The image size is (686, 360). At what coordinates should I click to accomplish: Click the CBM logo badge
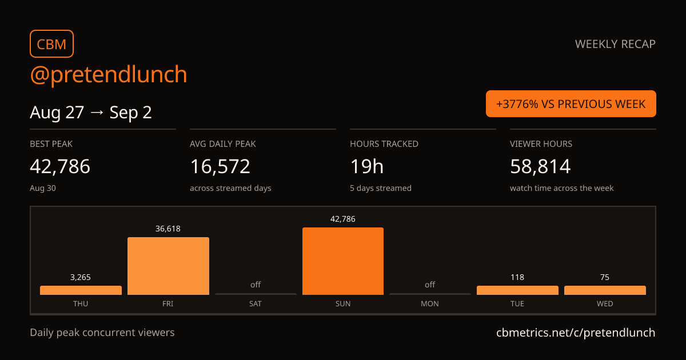(52, 44)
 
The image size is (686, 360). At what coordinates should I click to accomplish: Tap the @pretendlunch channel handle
(109, 74)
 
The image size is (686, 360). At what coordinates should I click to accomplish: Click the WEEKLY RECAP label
(615, 44)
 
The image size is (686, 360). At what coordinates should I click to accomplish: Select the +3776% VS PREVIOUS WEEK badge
(571, 104)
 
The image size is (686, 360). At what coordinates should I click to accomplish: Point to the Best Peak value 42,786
(60, 166)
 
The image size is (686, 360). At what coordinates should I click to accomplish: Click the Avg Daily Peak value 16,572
(220, 166)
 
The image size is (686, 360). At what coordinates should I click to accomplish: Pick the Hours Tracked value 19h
(366, 166)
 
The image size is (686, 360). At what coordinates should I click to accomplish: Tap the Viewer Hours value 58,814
(540, 166)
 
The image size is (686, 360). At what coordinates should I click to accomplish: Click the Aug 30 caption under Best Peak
(43, 188)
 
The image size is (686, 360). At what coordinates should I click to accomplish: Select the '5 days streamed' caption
(381, 188)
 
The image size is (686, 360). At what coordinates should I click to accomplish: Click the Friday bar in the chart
(169, 266)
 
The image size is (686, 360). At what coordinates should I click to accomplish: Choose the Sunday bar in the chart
(343, 261)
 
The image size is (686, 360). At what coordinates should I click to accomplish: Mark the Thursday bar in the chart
(81, 290)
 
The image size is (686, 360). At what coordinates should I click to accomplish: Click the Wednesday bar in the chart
(605, 290)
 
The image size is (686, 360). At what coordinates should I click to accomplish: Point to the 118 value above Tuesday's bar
(517, 277)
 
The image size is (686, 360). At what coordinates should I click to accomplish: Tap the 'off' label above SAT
(256, 285)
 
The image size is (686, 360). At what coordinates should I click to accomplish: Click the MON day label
(430, 303)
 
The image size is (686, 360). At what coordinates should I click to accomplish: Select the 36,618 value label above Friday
(168, 229)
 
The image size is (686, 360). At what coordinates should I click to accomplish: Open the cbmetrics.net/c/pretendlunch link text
(576, 333)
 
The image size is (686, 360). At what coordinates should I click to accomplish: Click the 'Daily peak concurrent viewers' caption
(102, 333)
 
